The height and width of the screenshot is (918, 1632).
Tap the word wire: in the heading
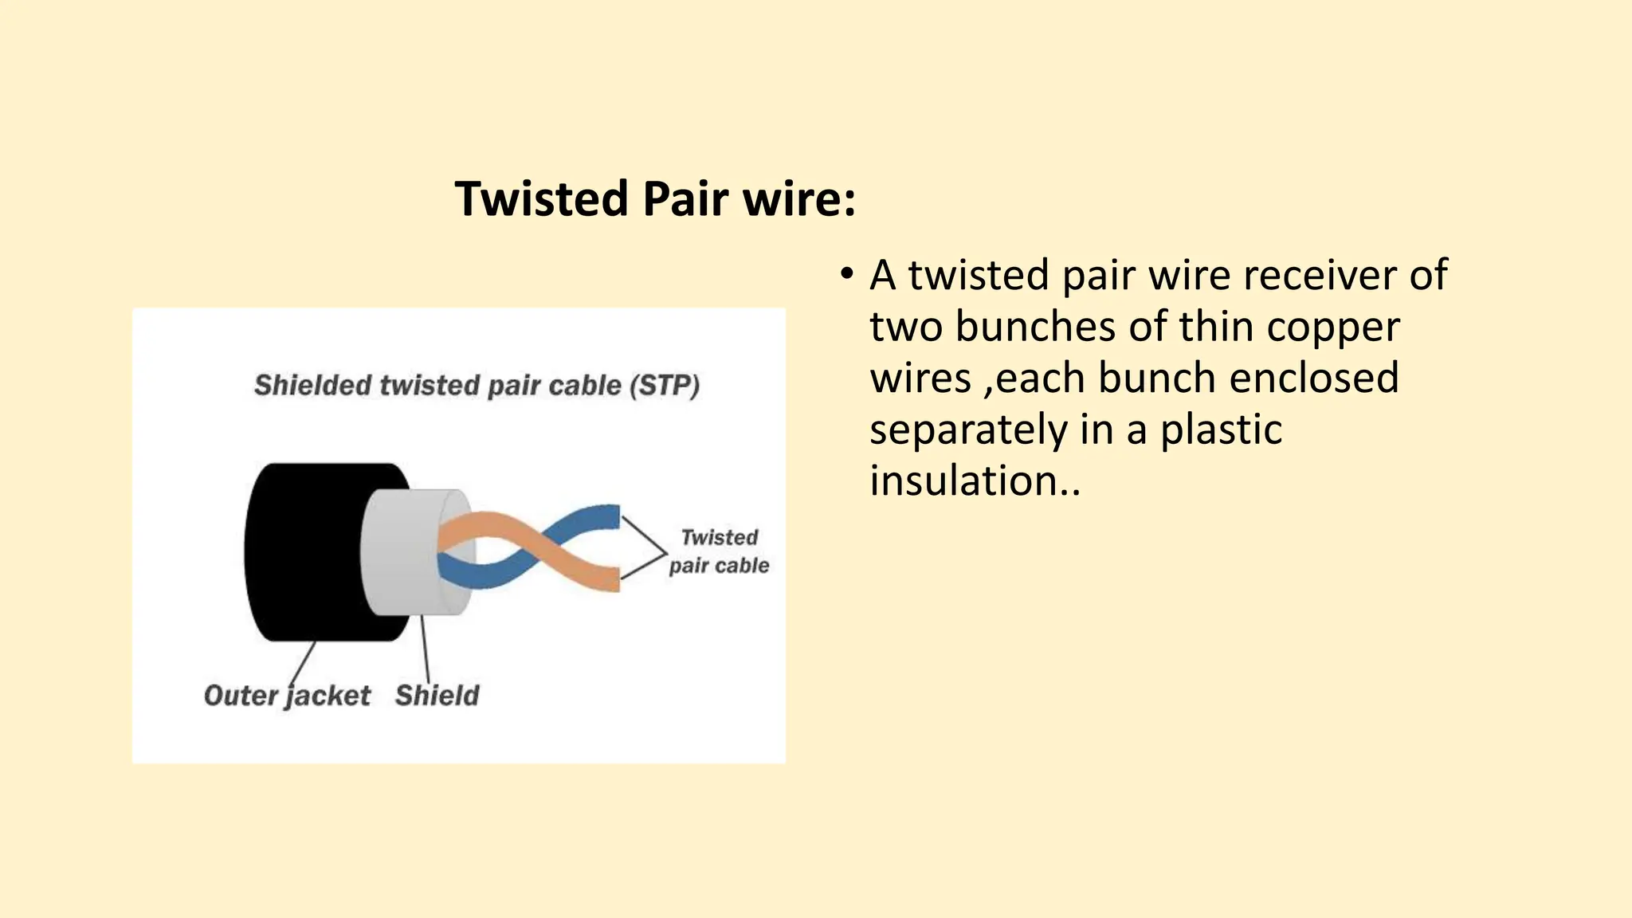[x=799, y=199]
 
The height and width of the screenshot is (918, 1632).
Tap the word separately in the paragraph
[x=968, y=430]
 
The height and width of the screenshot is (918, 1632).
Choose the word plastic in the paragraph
[x=1221, y=430]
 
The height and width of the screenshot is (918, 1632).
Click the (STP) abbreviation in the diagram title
[x=665, y=386]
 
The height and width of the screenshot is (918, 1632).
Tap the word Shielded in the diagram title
[x=312, y=386]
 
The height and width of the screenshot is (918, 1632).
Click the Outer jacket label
[x=287, y=696]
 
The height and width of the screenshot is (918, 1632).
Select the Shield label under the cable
[x=437, y=696]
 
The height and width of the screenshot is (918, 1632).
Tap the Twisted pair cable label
[x=719, y=551]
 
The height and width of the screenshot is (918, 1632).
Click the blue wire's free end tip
[x=612, y=516]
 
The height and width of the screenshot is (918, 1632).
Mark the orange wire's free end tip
[x=612, y=579]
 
